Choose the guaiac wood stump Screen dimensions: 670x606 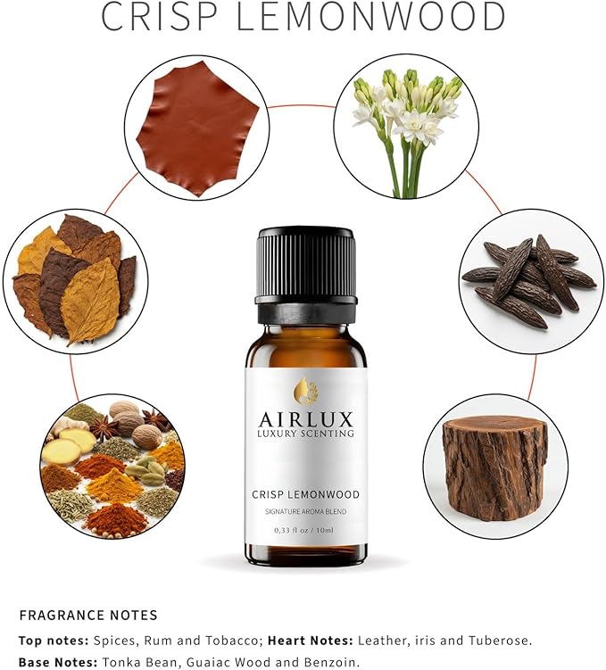click(x=495, y=467)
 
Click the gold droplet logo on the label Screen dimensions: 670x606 click(x=306, y=390)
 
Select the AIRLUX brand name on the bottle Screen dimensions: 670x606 click(x=306, y=418)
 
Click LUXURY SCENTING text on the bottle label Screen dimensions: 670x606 click(x=306, y=434)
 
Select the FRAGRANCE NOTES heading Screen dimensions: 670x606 click(x=88, y=615)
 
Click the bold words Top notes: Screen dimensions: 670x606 click(x=51, y=640)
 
